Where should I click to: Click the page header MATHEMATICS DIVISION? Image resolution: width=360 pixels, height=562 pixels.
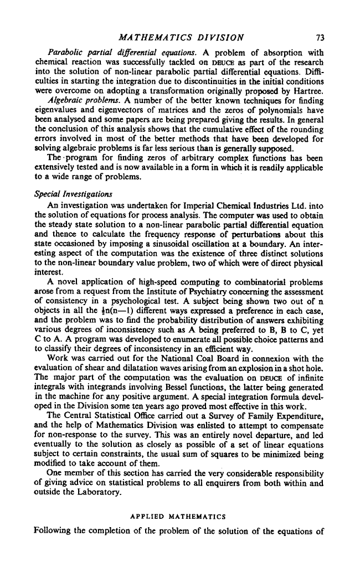[x=182, y=38]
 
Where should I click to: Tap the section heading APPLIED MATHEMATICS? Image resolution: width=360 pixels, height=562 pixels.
[x=177, y=517]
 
